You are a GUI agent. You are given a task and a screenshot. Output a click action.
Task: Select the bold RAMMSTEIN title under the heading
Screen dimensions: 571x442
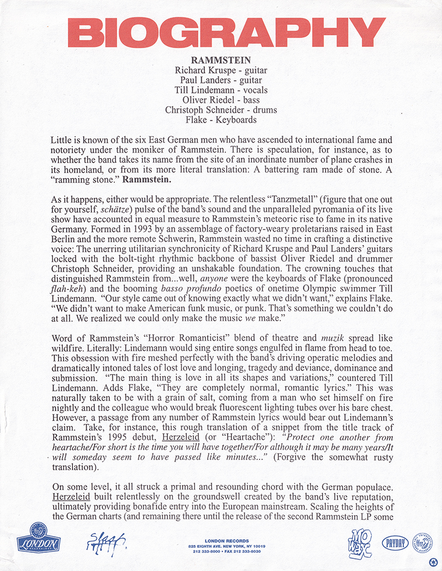tap(221, 60)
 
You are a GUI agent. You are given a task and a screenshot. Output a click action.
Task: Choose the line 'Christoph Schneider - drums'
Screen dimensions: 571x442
tap(221, 110)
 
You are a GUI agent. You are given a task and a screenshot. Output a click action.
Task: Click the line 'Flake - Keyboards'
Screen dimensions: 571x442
tap(221, 120)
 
